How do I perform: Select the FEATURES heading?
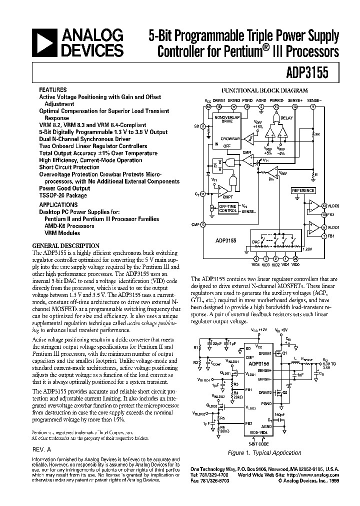pyautogui.click(x=52, y=93)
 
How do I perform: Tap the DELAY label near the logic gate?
pyautogui.click(x=286, y=118)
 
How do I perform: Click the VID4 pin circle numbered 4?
pyautogui.click(x=256, y=258)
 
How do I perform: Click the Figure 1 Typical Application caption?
pyautogui.click(x=264, y=453)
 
